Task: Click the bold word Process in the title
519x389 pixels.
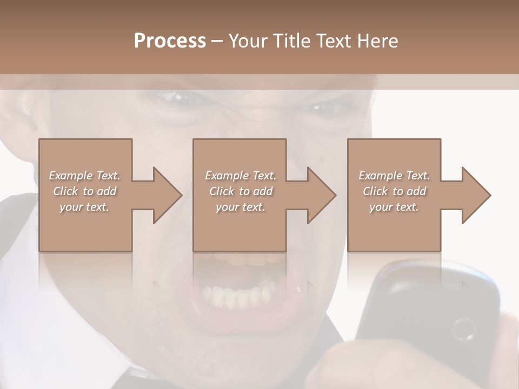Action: click(170, 41)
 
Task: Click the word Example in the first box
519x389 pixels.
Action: click(70, 176)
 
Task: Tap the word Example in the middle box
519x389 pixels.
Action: click(225, 176)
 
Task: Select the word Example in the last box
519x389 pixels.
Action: click(380, 176)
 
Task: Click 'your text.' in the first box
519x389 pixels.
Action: click(84, 207)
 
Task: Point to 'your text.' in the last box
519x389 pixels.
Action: click(394, 207)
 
